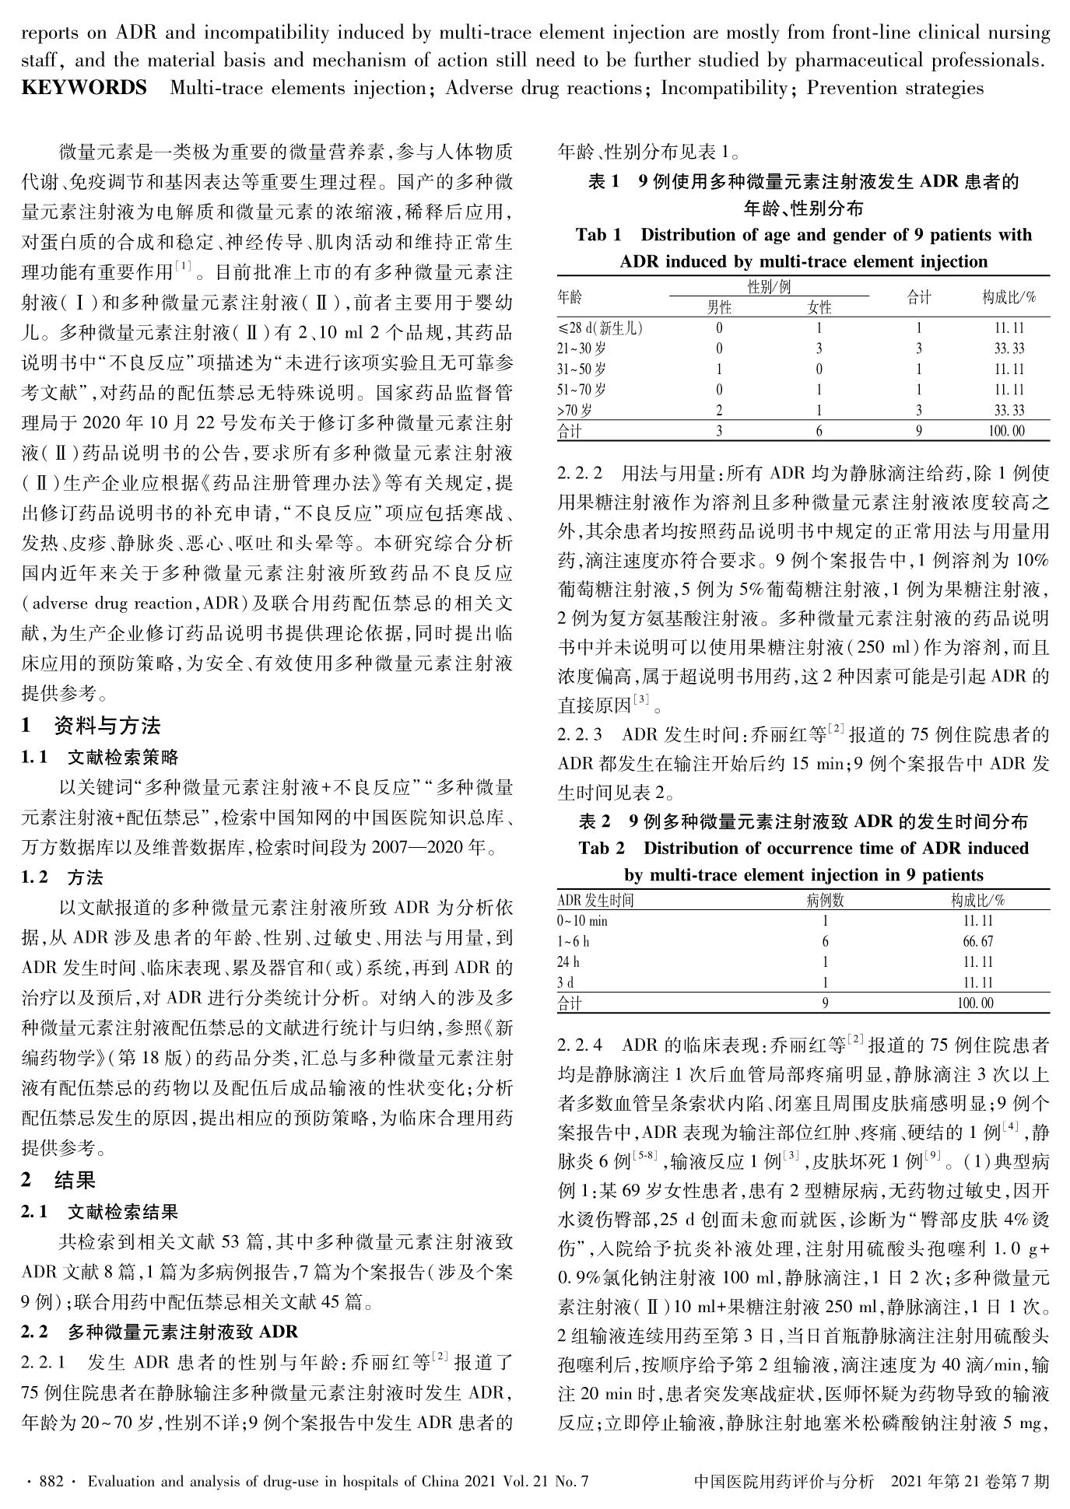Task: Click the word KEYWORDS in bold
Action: [x=84, y=88]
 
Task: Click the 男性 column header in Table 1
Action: [x=719, y=307]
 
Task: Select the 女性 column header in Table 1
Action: [x=819, y=307]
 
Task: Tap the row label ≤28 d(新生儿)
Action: [x=601, y=328]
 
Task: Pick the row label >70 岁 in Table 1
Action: [x=575, y=410]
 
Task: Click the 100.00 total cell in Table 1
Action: [x=1009, y=430]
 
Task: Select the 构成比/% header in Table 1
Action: [x=1009, y=297]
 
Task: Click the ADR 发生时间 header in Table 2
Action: [x=596, y=901]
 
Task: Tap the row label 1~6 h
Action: [x=575, y=941]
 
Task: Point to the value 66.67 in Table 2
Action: [x=977, y=941]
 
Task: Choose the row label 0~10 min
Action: [x=583, y=921]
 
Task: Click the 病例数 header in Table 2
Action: [x=825, y=901]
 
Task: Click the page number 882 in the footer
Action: [x=51, y=1482]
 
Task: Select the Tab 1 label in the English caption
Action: [x=598, y=235]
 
